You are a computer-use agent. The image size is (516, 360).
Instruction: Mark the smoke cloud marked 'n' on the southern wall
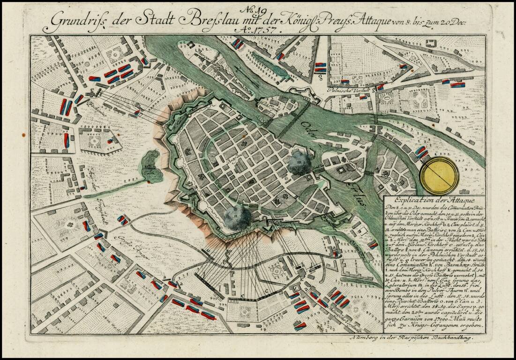pyautogui.click(x=237, y=217)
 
